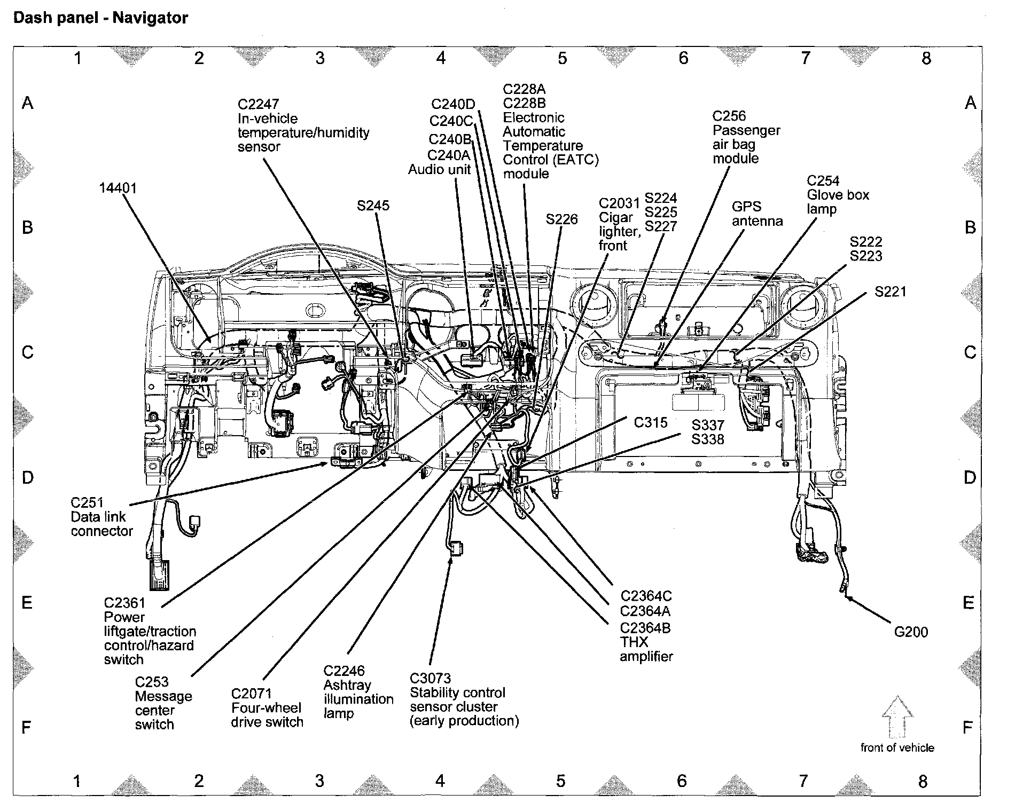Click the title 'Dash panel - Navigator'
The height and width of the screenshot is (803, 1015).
100,19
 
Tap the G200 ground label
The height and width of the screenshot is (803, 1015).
911,632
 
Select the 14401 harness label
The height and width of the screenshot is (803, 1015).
118,188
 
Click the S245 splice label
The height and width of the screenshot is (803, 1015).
373,206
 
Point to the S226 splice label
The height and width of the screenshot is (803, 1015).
561,219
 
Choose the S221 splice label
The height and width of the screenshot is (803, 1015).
891,292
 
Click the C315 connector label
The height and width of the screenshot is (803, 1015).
651,423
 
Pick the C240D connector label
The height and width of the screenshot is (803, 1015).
453,104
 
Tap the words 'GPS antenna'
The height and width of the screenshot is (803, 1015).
757,214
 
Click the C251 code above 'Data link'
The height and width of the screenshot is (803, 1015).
87,503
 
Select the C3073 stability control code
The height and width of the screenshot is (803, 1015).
431,679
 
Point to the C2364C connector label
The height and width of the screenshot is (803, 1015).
646,596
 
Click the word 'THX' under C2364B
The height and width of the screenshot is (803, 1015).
634,642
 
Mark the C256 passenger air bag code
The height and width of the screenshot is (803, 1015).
729,116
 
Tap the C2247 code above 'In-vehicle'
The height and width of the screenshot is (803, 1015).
259,104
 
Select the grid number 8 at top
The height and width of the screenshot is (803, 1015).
926,58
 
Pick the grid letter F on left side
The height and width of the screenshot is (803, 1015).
26,727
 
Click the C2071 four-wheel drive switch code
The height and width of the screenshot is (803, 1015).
251,694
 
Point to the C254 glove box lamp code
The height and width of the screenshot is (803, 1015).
823,181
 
